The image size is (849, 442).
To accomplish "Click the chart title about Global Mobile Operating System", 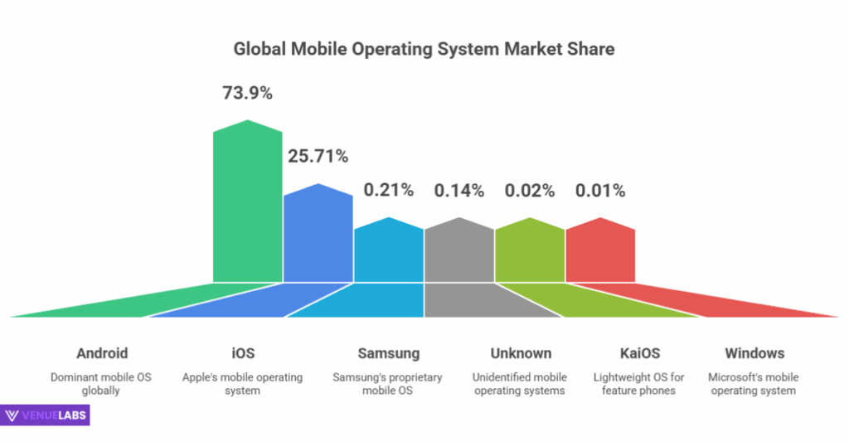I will [424, 49].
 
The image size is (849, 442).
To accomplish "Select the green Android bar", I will [247, 207].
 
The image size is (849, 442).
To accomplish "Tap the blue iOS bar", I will [318, 236].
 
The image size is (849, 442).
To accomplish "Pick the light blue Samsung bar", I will [389, 253].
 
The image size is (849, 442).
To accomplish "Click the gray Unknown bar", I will [459, 253].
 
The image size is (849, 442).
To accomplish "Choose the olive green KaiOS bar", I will [530, 253].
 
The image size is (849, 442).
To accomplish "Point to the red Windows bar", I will [600, 253].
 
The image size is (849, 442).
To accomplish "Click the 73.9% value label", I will [247, 93].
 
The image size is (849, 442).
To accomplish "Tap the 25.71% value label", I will [318, 156].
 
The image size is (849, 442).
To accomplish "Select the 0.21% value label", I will [388, 190].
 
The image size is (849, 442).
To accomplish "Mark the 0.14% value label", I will [458, 190].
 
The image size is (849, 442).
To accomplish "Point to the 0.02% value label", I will [529, 190].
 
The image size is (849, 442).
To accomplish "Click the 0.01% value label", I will [600, 190].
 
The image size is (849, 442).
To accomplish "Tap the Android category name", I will [102, 353].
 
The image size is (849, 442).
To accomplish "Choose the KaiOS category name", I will [638, 353].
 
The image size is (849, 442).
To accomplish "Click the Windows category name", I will [754, 353].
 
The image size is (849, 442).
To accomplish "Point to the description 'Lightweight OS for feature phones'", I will [638, 384].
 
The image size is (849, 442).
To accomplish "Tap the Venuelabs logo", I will [46, 415].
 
